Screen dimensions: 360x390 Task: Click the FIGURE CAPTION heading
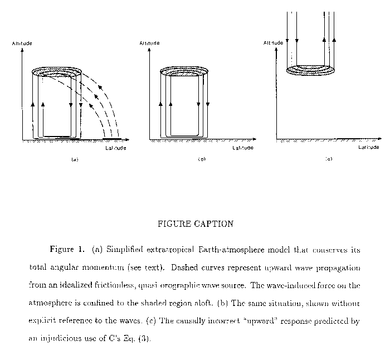pyautogui.click(x=195, y=224)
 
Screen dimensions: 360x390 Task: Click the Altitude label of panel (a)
pyautogui.click(x=22, y=43)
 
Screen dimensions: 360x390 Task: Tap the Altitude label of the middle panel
pyautogui.click(x=150, y=43)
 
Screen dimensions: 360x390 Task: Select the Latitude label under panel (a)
pyautogui.click(x=116, y=148)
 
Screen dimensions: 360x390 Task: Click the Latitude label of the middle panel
pyautogui.click(x=243, y=148)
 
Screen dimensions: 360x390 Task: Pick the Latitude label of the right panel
pyautogui.click(x=369, y=147)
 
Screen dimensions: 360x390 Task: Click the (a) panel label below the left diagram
pyautogui.click(x=74, y=159)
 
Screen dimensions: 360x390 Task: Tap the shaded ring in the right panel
pyautogui.click(x=311, y=70)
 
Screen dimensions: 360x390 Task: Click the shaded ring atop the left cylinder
pyautogui.click(x=57, y=71)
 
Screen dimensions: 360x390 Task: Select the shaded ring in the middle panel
pyautogui.click(x=184, y=71)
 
